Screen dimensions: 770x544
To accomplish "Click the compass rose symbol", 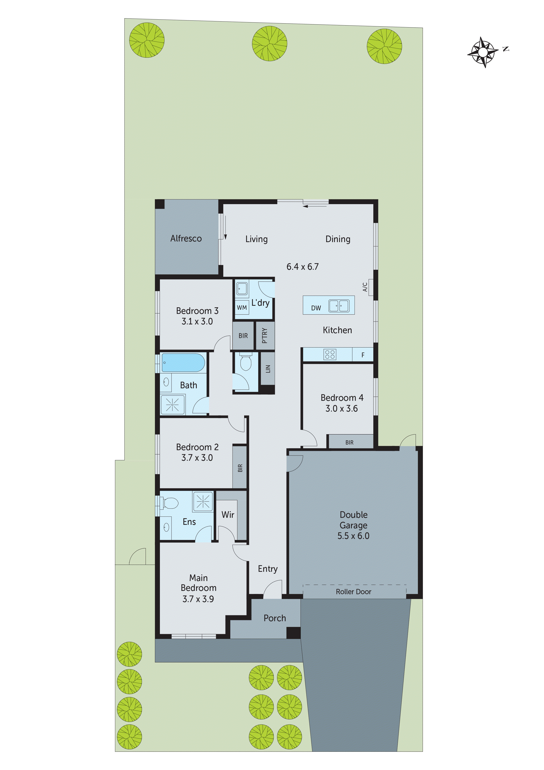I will point(482,52).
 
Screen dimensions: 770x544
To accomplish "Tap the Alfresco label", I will point(186,238).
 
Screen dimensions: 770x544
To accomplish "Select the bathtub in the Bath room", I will point(183,363).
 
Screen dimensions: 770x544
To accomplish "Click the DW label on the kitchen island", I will point(316,308).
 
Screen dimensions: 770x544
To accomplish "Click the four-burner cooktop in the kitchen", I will point(330,354).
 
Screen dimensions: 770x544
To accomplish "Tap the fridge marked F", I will point(363,355).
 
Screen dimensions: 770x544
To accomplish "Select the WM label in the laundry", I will point(242,308).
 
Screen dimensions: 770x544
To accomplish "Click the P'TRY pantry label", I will point(265,335).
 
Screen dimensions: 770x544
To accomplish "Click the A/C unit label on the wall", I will point(365,287).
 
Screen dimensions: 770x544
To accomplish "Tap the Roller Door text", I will point(353,592).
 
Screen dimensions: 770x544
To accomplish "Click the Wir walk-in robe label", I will point(228,515).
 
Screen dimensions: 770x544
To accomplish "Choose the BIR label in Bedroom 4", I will point(349,442).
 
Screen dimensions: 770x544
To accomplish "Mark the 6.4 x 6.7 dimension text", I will point(302,267).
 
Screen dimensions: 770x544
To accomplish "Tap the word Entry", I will point(267,569).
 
